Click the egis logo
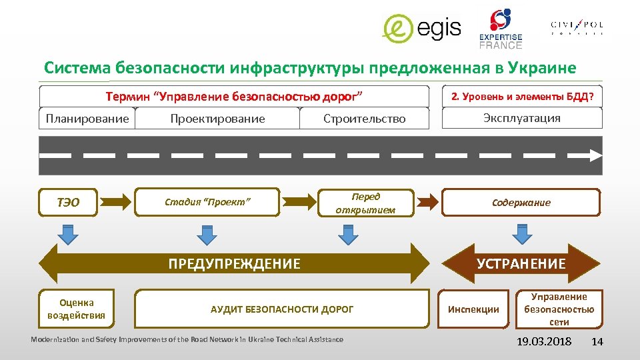[421, 28]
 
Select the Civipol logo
[577, 27]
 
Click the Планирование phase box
[87, 119]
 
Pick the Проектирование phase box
[217, 119]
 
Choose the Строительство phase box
[364, 119]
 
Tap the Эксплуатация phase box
[521, 118]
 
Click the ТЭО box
[68, 202]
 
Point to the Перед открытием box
[365, 203]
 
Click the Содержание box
[521, 203]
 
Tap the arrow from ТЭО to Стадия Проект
[117, 199]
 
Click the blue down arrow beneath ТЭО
[67, 234]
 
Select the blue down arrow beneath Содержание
[521, 234]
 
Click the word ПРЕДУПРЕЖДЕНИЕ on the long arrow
[234, 263]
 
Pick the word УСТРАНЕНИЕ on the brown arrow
[521, 263]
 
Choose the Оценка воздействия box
[76, 309]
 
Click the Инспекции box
[473, 309]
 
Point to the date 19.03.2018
[544, 342]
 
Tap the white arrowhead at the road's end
[593, 155]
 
